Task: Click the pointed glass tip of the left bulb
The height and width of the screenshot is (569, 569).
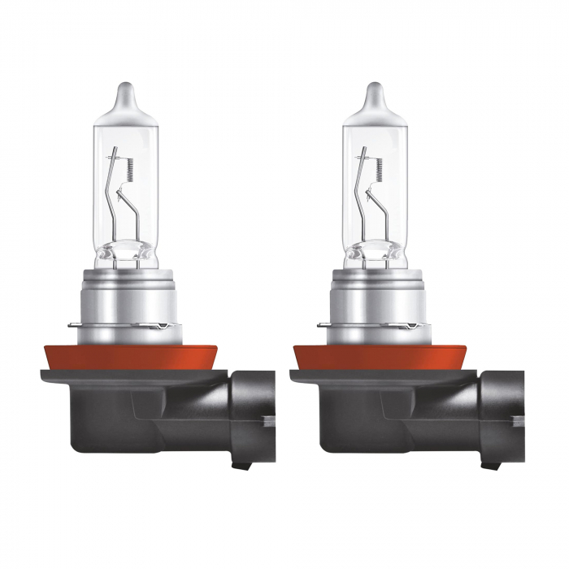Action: pos(124,91)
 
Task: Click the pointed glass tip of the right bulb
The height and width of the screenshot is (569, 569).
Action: pos(374,91)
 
